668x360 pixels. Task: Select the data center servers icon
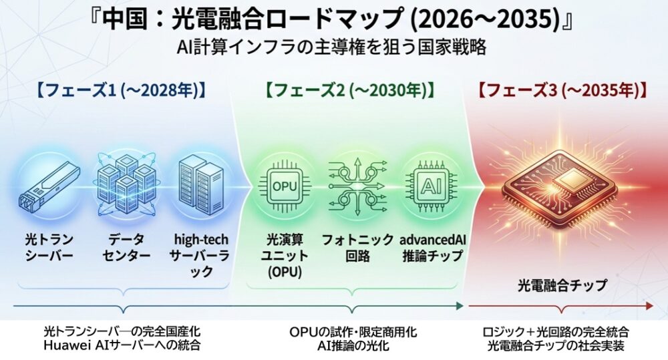[126, 184]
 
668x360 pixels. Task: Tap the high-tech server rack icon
[201, 184]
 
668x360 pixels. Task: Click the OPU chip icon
[284, 186]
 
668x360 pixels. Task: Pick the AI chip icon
[431, 186]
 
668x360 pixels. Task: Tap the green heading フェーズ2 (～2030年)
[350, 90]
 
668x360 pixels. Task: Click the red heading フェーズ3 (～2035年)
[562, 90]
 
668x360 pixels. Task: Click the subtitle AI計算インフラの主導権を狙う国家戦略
[332, 47]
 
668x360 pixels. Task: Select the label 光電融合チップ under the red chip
[562, 285]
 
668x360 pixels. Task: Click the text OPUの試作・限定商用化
[353, 331]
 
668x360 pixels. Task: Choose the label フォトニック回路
[358, 248]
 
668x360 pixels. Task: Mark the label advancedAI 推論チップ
[432, 248]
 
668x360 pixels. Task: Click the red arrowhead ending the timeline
[650, 305]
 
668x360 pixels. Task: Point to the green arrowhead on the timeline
[460, 305]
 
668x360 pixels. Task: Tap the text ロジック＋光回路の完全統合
[556, 331]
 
